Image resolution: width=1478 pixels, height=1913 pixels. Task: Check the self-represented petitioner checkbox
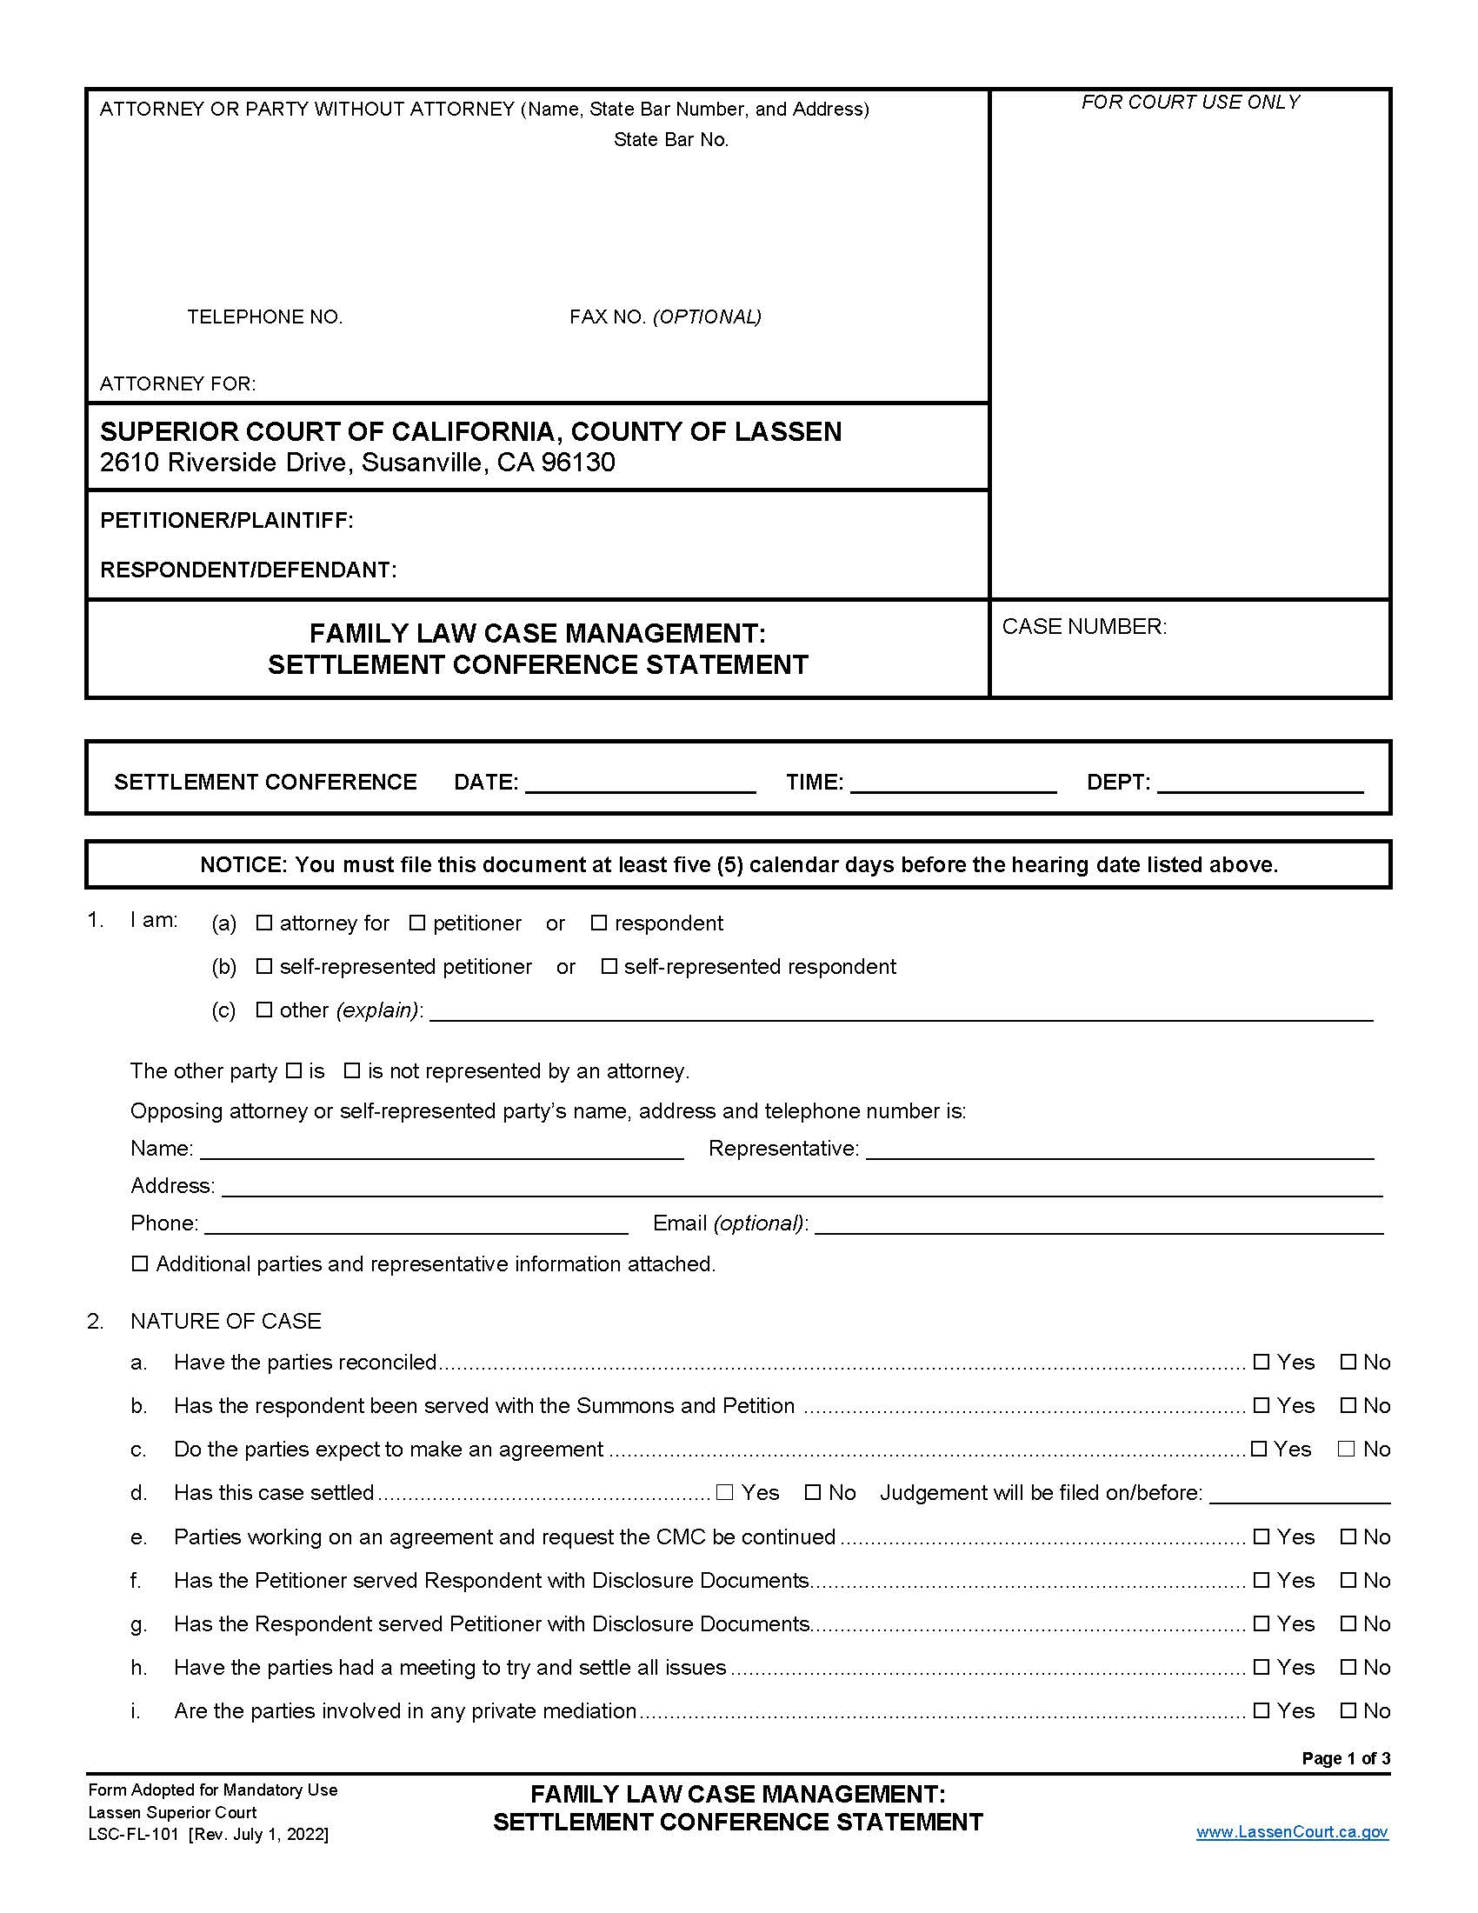tap(263, 966)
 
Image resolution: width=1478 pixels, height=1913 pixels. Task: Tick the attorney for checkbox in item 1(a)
tap(263, 923)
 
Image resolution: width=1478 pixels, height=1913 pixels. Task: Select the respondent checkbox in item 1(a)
tap(599, 923)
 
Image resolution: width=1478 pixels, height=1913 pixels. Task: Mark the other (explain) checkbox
tap(263, 1010)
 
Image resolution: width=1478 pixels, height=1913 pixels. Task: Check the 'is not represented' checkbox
tap(352, 1070)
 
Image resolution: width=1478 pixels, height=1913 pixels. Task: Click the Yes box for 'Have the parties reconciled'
tap(1261, 1362)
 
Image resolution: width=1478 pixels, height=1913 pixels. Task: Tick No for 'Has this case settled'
tap(813, 1492)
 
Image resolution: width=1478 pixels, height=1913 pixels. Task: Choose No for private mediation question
tap(1348, 1710)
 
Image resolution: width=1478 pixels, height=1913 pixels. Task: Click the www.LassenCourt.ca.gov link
tap(1291, 1831)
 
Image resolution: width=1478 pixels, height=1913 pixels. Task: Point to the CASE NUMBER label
tap(1084, 627)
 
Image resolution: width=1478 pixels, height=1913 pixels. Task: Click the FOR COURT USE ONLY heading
tap(1190, 103)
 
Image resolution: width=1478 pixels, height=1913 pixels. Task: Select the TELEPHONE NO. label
tap(264, 317)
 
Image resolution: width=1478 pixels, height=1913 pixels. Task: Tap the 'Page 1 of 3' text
tap(1345, 1758)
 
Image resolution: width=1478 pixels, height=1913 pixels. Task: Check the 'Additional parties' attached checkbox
tap(139, 1264)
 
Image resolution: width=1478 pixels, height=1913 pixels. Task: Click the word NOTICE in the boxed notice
tap(243, 865)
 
